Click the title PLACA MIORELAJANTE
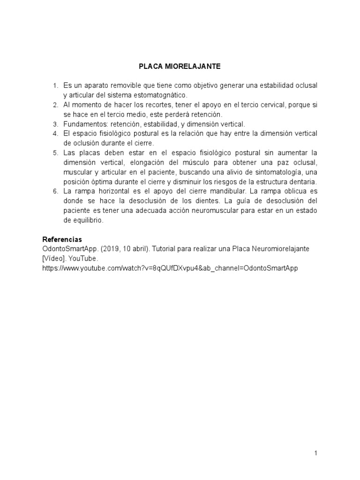[180, 67]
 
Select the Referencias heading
[62, 239]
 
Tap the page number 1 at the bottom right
[316, 453]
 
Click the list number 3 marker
[55, 124]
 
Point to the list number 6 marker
[55, 191]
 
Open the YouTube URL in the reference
[170, 268]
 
